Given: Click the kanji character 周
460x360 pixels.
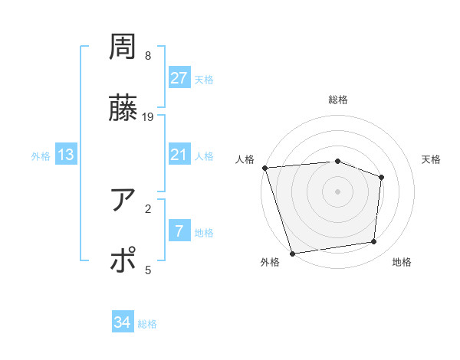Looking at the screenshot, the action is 123,47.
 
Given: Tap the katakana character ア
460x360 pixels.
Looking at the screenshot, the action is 123,201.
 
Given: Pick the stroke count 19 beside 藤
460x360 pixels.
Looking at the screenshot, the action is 148,117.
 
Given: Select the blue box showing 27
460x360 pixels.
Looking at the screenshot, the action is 179,78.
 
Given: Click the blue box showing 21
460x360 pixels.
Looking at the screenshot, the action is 179,155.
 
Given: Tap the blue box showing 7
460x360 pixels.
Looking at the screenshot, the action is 179,231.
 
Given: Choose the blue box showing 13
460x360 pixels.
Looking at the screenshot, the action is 66,155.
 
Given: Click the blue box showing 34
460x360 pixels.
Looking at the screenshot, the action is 123,323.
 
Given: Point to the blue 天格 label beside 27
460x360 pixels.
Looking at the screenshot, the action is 203,80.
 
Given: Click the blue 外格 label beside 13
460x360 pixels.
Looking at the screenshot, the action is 41,156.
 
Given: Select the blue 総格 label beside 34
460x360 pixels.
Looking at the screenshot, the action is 147,325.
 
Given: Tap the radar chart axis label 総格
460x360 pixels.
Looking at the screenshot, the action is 338,100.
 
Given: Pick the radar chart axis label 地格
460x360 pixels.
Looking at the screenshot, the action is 402,263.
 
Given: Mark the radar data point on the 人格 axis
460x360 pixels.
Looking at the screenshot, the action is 264,167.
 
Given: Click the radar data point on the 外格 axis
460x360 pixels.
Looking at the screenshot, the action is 292,253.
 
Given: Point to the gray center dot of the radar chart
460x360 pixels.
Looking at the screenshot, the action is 337,191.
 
